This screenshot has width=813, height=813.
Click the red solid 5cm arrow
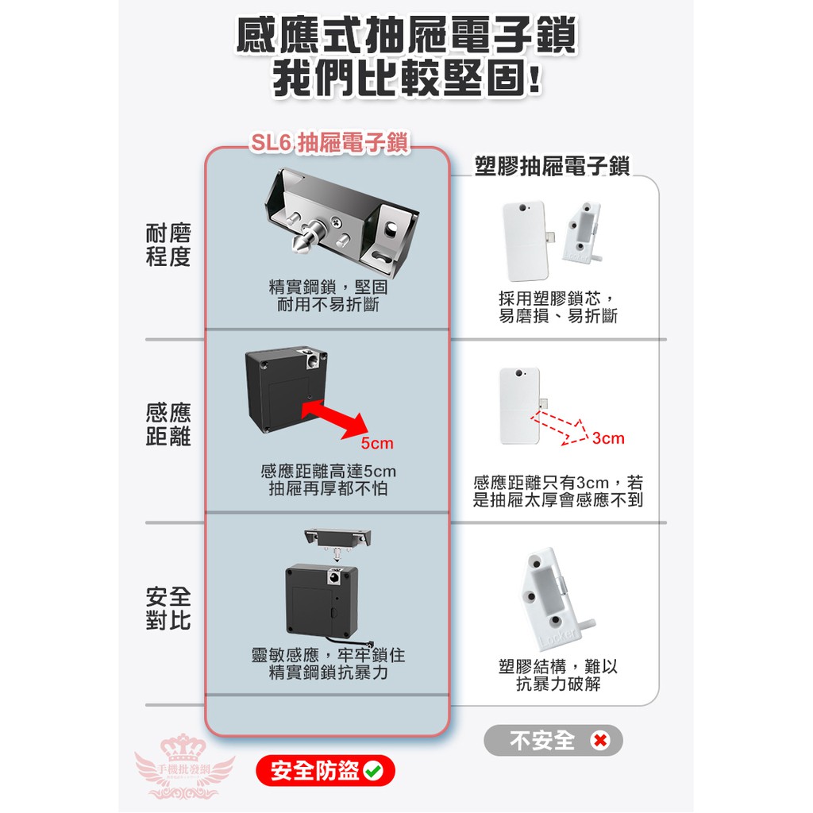[x=334, y=419]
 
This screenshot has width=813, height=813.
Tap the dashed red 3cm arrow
[x=560, y=429]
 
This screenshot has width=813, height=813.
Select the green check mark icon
[x=373, y=770]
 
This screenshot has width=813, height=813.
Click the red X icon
[x=599, y=740]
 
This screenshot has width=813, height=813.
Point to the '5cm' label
[x=377, y=443]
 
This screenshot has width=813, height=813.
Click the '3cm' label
[x=608, y=438]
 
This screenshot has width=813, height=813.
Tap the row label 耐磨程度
[x=168, y=245]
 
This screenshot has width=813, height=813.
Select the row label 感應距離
[x=168, y=425]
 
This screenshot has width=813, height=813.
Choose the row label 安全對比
[x=168, y=608]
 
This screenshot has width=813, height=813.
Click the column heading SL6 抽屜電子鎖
[x=329, y=143]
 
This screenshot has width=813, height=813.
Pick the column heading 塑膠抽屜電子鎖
[x=553, y=166]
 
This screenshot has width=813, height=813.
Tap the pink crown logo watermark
[x=184, y=766]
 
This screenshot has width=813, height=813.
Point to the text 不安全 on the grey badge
[x=542, y=741]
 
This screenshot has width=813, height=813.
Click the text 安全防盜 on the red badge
[x=314, y=771]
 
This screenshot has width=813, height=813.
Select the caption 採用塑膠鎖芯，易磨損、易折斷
[x=558, y=307]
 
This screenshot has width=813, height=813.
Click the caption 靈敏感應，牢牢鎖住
[x=328, y=655]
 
